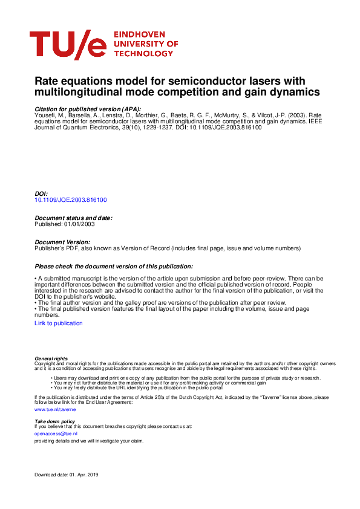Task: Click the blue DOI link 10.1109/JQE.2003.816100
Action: (71, 199)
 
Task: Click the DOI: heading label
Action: (41, 193)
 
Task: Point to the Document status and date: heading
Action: (73, 218)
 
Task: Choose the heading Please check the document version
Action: (114, 266)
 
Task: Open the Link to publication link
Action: (59, 323)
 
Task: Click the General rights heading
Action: (51, 358)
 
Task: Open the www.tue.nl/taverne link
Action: (47, 409)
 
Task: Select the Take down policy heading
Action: (54, 421)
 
